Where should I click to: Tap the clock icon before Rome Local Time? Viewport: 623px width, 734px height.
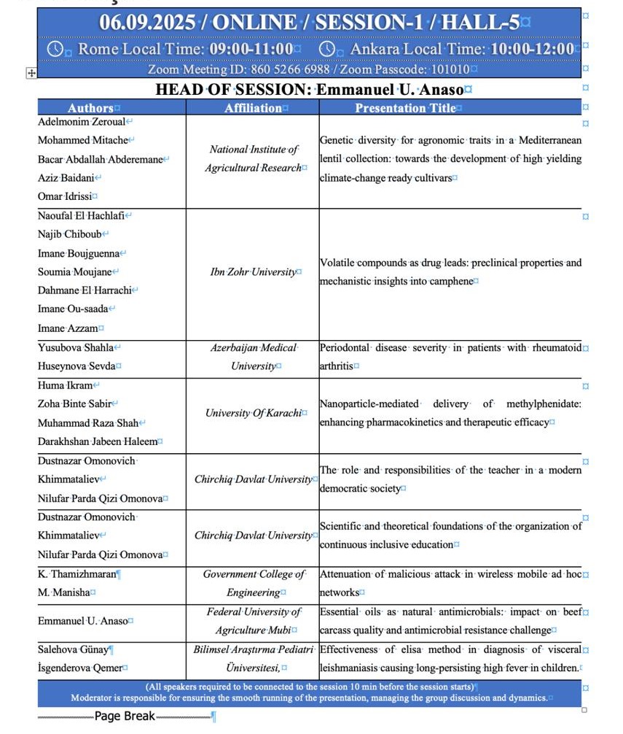coord(55,50)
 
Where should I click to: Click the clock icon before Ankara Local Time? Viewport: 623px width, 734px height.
coord(328,50)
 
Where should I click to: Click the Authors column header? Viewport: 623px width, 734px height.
coord(90,108)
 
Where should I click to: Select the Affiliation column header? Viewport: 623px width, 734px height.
coord(253,108)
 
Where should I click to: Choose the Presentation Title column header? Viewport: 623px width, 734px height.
coord(405,108)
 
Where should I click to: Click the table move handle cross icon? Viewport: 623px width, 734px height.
coord(31,72)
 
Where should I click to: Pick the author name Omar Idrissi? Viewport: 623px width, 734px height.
coord(65,196)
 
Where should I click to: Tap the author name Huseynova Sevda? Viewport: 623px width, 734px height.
coord(76,366)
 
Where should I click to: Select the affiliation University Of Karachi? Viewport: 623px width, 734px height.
coord(253,413)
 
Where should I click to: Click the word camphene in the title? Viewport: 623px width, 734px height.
coord(452,281)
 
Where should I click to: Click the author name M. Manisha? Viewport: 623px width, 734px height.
coord(63,592)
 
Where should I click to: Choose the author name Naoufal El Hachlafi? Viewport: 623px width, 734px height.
coord(81,215)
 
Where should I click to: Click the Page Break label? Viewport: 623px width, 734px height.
coord(125,716)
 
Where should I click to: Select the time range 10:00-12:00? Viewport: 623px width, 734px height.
coord(532,50)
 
